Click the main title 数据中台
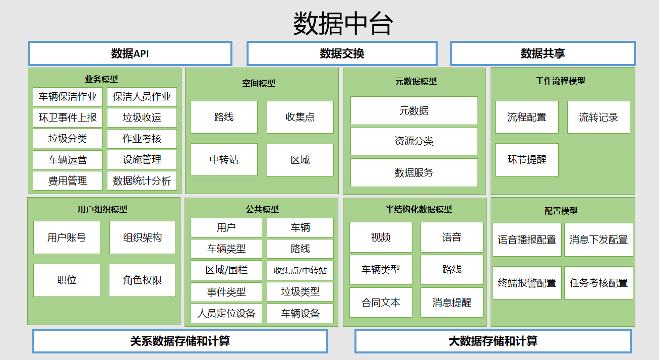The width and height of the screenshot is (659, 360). pyautogui.click(x=343, y=24)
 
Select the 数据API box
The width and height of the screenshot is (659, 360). pyautogui.click(x=130, y=53)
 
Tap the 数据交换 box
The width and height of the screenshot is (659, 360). pyautogui.click(x=342, y=53)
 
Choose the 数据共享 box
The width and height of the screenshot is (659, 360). pyautogui.click(x=543, y=53)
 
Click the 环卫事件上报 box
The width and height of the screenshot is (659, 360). pyautogui.click(x=68, y=117)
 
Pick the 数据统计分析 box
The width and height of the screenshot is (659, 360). pyautogui.click(x=142, y=181)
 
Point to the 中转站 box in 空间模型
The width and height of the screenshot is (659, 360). pyautogui.click(x=224, y=160)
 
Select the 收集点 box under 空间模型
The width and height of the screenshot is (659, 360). pyautogui.click(x=300, y=117)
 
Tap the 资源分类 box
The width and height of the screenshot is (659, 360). pyautogui.click(x=414, y=141)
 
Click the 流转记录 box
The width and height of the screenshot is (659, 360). pyautogui.click(x=598, y=117)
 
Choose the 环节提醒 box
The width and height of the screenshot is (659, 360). pyautogui.click(x=526, y=160)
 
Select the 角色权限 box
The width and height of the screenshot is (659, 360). pyautogui.click(x=142, y=280)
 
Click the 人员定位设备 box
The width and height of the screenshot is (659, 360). pyautogui.click(x=226, y=313)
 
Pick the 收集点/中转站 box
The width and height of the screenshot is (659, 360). pyautogui.click(x=300, y=270)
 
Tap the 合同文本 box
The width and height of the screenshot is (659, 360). pyautogui.click(x=381, y=303)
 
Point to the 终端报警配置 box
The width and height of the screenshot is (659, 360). pyautogui.click(x=527, y=283)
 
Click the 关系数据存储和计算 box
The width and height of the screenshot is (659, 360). pyautogui.click(x=180, y=341)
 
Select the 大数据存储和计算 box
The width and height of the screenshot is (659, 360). pyautogui.click(x=493, y=341)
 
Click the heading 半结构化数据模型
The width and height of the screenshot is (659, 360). pyautogui.click(x=418, y=209)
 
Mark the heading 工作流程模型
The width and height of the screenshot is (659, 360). pyautogui.click(x=561, y=81)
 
